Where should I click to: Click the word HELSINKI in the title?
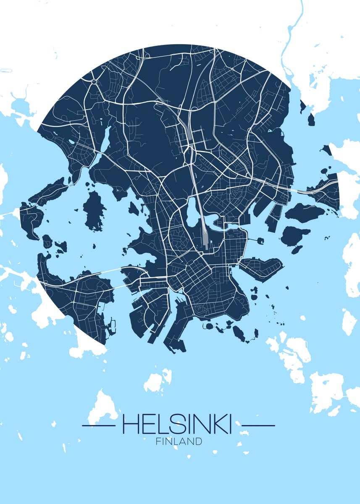(x=176, y=425)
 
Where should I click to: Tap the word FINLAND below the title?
(x=179, y=441)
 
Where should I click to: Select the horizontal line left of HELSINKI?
(x=98, y=425)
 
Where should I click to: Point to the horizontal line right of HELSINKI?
(x=259, y=425)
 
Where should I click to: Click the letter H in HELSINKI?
(x=129, y=425)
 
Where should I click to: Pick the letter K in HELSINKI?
(x=218, y=425)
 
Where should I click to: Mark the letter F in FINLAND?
(x=158, y=441)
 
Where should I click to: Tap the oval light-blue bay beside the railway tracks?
(x=192, y=210)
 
